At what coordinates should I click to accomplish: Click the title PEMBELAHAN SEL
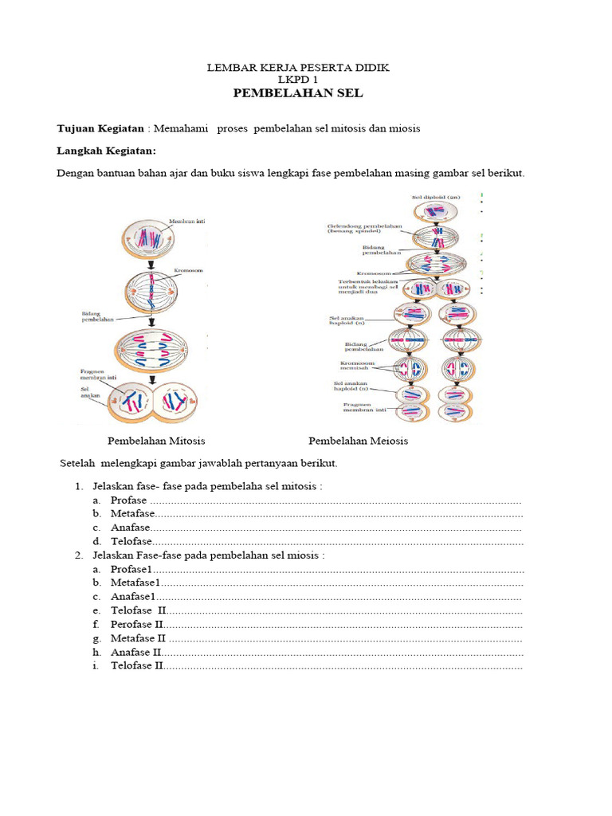click(297, 93)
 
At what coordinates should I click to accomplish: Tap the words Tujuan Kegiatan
click(100, 128)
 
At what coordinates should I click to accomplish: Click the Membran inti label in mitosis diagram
click(186, 222)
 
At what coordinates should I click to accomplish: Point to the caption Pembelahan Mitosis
click(156, 441)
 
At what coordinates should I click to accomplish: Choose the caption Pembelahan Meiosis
click(358, 441)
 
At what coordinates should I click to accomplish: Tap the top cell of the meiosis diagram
click(435, 213)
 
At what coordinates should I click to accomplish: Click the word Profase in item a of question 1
click(129, 500)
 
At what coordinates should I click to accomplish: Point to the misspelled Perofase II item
click(138, 624)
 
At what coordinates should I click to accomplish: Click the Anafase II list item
click(136, 652)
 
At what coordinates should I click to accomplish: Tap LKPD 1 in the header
click(297, 80)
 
